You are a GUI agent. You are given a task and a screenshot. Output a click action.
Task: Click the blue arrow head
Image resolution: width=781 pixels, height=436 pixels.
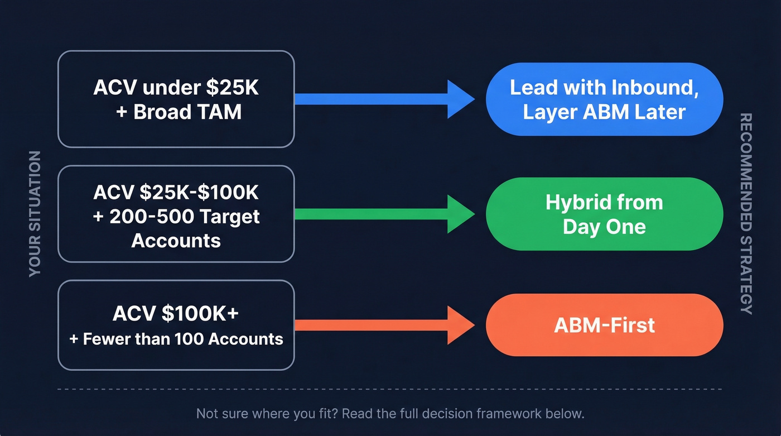click(x=459, y=99)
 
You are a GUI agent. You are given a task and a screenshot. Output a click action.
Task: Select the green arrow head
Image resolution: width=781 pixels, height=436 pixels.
click(x=459, y=214)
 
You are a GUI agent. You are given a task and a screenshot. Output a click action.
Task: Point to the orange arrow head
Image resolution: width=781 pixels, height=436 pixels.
click(x=459, y=325)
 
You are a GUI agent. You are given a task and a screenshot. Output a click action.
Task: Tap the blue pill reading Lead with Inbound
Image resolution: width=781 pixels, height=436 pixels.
click(x=604, y=99)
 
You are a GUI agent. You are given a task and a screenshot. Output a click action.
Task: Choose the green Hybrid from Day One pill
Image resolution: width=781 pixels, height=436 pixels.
click(x=604, y=214)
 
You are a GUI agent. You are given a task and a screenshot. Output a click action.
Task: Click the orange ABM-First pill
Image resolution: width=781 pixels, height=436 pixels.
click(x=604, y=325)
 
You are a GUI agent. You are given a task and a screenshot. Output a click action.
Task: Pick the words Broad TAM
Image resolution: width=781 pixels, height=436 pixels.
click(x=187, y=112)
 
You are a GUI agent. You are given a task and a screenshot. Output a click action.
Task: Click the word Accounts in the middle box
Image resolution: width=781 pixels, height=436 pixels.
click(x=176, y=241)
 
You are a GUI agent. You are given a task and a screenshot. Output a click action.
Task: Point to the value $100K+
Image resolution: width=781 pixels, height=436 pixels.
click(x=200, y=313)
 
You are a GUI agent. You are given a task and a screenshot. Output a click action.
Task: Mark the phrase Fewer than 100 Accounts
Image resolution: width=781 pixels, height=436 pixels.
click(x=183, y=338)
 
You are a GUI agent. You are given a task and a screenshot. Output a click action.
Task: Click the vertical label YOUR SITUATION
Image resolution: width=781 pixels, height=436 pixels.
click(x=35, y=214)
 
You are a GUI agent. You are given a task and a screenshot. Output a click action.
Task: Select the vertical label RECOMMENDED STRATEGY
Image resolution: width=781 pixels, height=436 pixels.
click(x=746, y=214)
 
